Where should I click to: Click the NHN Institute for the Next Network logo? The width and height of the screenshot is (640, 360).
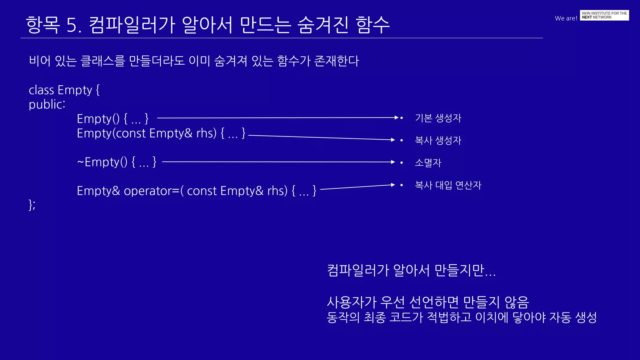pos(604,15)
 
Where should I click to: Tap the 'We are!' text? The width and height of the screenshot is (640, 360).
pos(566,18)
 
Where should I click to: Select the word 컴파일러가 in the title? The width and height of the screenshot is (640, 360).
pos(132,25)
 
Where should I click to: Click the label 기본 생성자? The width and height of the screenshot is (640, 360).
pos(438,118)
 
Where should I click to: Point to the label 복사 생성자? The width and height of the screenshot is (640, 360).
pos(438,140)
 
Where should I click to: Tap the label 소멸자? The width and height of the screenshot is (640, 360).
pos(428,163)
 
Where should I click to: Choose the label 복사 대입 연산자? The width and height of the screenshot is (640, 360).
pos(448,185)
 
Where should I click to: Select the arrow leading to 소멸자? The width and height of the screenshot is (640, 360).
pos(278,162)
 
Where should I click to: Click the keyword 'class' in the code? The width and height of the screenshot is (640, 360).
pos(41,90)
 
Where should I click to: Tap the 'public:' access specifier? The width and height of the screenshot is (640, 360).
pos(47,104)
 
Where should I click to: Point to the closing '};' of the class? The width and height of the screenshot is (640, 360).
pos(32,205)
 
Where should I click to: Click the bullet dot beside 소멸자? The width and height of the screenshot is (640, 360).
pos(402,162)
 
